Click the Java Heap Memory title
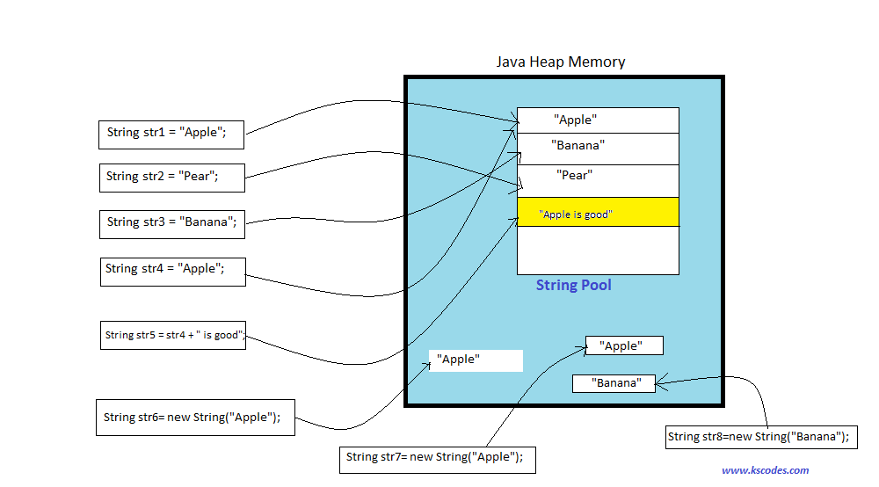561,62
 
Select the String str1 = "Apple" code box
171,134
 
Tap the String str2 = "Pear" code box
171,177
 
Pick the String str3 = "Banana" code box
171,222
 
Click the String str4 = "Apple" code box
172,270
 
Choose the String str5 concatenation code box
173,335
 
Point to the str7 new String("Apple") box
437,457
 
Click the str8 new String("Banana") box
761,437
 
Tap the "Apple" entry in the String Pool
598,120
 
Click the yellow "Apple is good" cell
598,213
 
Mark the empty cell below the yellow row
598,251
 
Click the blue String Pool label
574,286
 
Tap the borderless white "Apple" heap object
476,360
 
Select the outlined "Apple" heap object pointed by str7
624,345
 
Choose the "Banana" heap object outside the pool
614,383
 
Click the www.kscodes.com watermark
765,470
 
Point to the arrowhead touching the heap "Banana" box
660,382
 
